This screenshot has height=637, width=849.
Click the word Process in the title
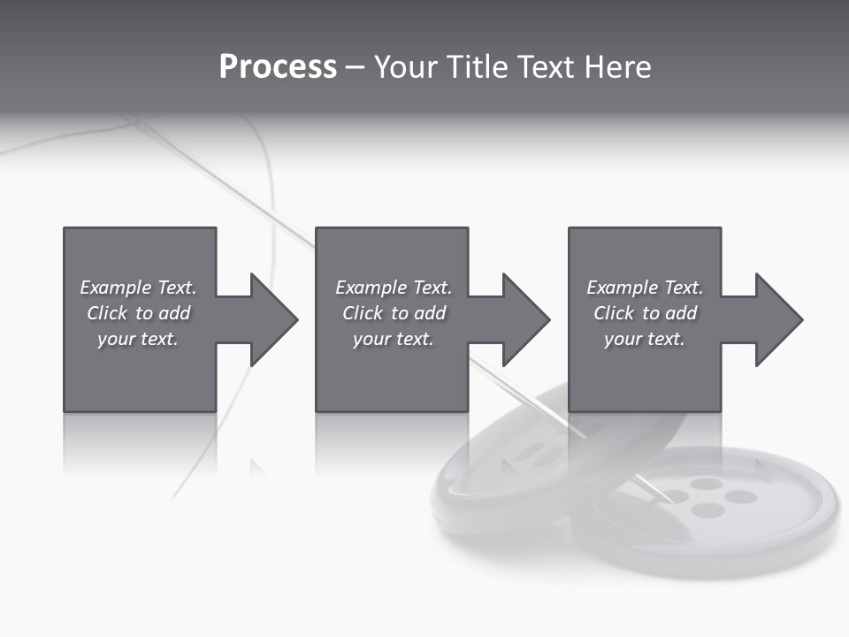277,67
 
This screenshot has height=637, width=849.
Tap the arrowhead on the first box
270,319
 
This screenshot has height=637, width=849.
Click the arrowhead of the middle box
522,319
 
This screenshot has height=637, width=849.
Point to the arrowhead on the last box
775,319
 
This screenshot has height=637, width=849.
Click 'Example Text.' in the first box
138,288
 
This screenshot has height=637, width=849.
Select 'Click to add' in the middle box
394,313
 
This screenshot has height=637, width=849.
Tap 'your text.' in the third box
644,339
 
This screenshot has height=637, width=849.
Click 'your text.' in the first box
138,339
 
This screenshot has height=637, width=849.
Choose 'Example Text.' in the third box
644,288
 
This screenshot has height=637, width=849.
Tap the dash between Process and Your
355,67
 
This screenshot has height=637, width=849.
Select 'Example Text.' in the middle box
394,288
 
